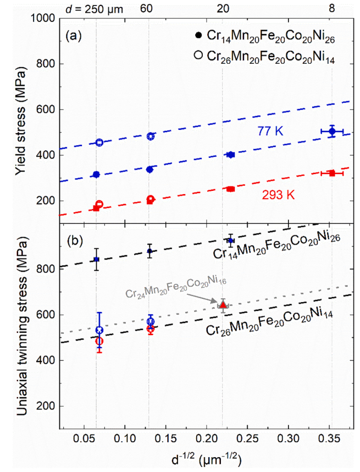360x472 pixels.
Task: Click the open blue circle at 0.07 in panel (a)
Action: point(99,142)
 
